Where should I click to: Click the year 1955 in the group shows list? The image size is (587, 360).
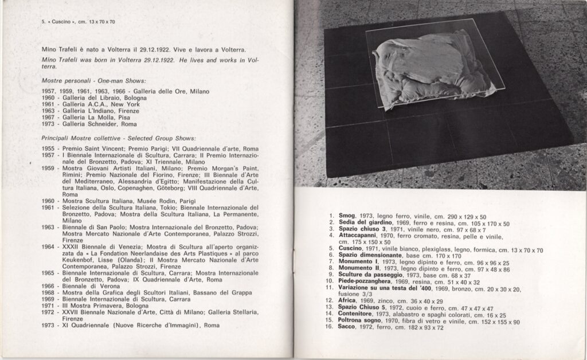pos(49,148)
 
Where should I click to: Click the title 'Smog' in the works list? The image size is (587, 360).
pos(348,217)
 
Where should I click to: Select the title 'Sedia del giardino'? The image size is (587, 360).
pos(365,223)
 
